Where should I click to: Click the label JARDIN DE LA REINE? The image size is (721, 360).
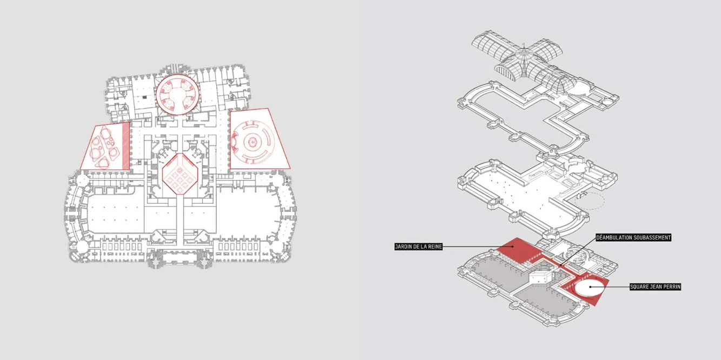(419, 247)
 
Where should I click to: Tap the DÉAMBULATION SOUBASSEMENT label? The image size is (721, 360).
(633, 237)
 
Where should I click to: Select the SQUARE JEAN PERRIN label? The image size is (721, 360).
(655, 287)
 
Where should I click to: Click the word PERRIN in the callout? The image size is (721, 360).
(671, 287)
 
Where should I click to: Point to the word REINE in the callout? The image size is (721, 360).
(434, 247)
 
